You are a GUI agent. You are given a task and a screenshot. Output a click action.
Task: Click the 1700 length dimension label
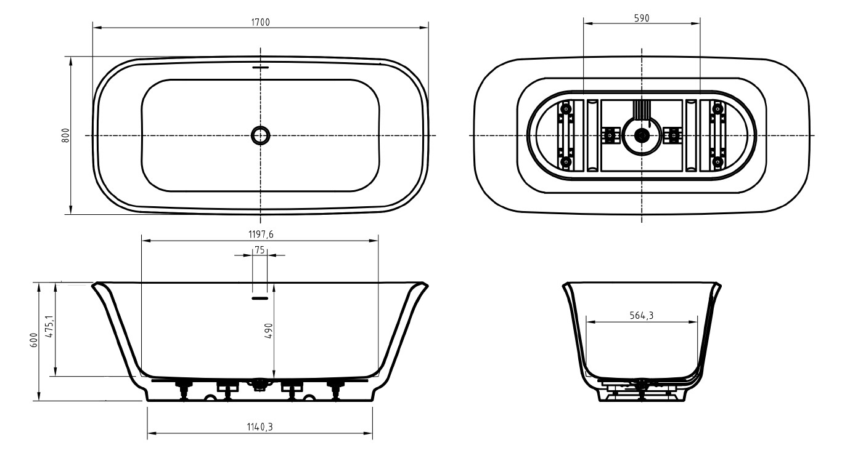pyautogui.click(x=260, y=22)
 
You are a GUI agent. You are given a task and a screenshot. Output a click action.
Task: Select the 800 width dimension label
pyautogui.click(x=65, y=135)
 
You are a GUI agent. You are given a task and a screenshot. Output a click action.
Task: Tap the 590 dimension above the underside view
pyautogui.click(x=641, y=18)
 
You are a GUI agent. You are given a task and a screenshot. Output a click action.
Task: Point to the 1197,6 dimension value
pyautogui.click(x=260, y=235)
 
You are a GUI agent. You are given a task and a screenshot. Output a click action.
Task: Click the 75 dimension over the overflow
pyautogui.click(x=260, y=249)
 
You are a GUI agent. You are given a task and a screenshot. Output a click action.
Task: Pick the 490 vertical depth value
pyautogui.click(x=269, y=331)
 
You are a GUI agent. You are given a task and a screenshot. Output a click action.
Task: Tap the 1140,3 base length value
pyautogui.click(x=260, y=427)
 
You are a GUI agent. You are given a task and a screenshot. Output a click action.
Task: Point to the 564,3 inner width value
pyautogui.click(x=642, y=316)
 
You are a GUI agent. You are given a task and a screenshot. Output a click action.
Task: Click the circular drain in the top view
pyautogui.click(x=260, y=134)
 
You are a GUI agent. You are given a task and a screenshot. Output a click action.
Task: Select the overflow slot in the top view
pyautogui.click(x=261, y=67)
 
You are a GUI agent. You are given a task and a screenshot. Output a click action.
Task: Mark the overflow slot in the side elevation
pyautogui.click(x=260, y=298)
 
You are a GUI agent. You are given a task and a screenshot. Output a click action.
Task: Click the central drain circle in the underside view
pyautogui.click(x=642, y=134)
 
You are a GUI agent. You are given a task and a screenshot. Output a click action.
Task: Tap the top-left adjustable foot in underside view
pyautogui.click(x=566, y=109)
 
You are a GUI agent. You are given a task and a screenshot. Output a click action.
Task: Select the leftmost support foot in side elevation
pyautogui.click(x=183, y=389)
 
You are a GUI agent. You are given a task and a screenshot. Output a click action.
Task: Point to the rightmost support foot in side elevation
pyautogui.click(x=337, y=389)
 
